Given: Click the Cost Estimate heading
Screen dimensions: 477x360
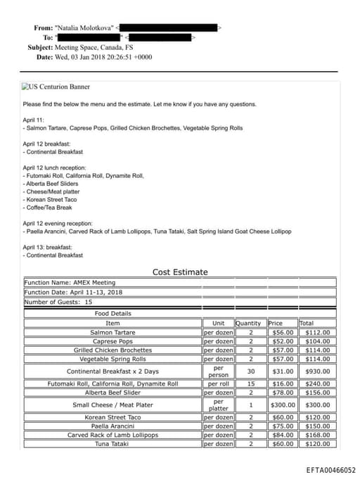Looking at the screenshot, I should coord(180,272).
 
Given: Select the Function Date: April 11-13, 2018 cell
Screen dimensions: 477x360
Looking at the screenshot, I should coord(73,292).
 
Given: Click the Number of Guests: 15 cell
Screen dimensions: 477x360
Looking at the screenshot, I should coord(58,302).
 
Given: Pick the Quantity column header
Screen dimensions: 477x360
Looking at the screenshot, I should coord(247,323).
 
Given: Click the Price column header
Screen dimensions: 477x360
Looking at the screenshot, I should coord(276,323).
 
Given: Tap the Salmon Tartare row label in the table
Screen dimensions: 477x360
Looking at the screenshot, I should coord(112,332).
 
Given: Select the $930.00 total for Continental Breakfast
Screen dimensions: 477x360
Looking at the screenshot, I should coord(317,371).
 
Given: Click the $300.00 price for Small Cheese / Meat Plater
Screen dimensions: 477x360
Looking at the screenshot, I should coord(283,405).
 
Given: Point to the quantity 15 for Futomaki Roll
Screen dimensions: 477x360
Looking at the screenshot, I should coord(250,384).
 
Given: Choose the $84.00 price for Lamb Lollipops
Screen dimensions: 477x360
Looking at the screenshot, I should coord(283,435).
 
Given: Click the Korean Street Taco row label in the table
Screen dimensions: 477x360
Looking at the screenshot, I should coord(112,418).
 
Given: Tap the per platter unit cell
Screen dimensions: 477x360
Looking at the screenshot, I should coord(218,405).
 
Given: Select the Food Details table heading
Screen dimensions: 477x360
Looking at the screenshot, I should coord(112,313).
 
